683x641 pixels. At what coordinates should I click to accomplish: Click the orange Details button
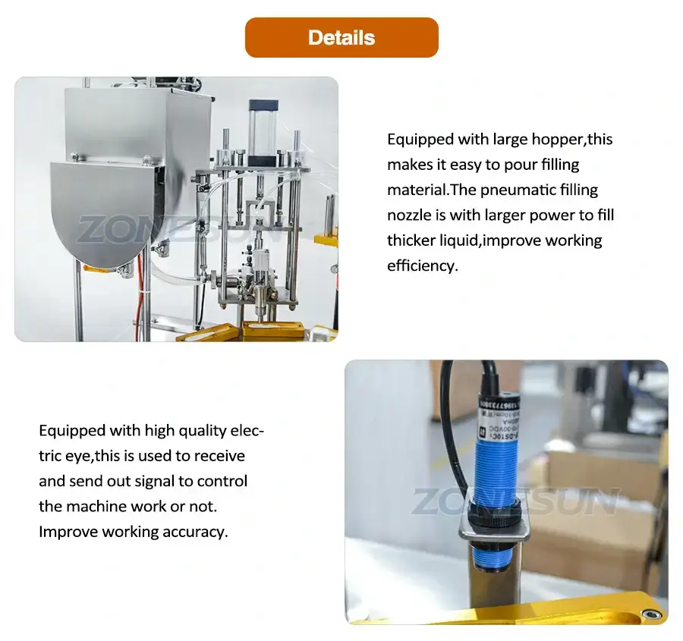tap(341, 38)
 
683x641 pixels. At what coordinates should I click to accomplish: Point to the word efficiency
tap(422, 266)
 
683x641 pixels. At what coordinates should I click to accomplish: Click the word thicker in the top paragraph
tap(411, 240)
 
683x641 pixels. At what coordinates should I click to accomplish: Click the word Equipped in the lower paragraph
tap(71, 431)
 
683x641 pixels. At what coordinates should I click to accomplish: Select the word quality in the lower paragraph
tap(204, 431)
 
